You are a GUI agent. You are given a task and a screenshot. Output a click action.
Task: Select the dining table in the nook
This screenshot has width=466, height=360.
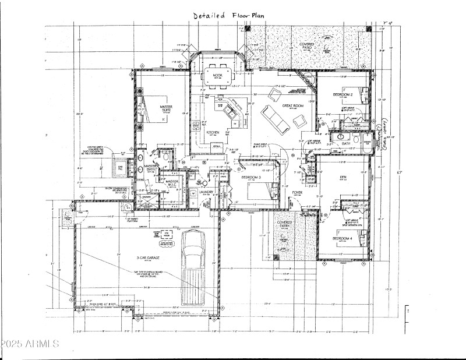click(217, 76)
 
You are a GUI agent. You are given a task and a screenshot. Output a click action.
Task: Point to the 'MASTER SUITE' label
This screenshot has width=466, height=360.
click(154, 109)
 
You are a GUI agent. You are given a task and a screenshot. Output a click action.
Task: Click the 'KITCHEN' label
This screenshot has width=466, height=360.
click(213, 132)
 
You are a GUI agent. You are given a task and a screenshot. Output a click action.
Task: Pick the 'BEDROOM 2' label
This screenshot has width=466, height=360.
click(342, 94)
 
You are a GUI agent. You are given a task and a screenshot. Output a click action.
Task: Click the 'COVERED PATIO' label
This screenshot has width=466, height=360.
click(307, 47)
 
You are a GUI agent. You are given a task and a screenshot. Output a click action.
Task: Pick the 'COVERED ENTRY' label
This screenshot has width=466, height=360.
click(284, 225)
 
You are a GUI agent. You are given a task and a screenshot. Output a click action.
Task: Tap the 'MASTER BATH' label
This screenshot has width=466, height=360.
click(152, 168)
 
